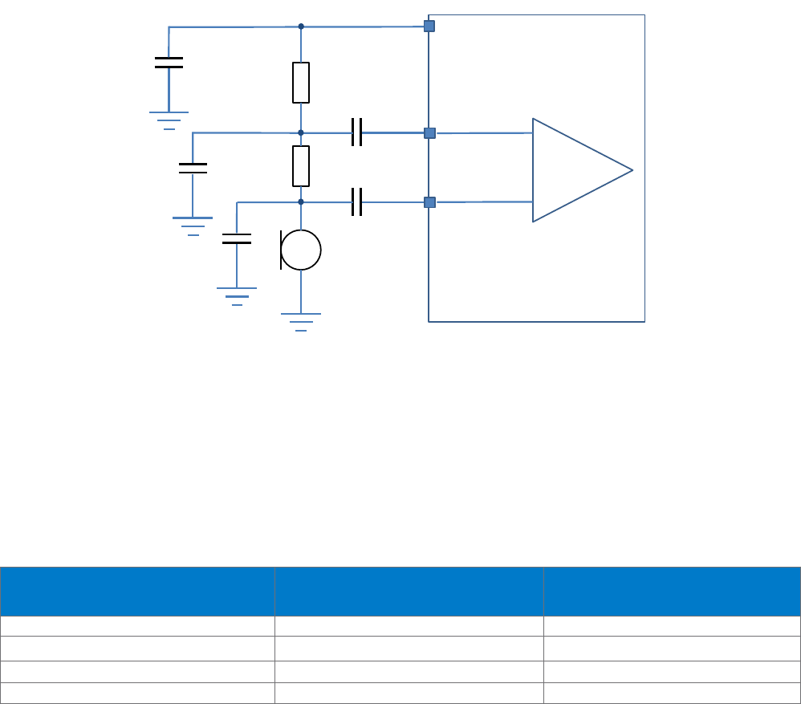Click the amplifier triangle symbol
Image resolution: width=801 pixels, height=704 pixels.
click(575, 170)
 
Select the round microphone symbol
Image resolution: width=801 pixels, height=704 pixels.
click(301, 250)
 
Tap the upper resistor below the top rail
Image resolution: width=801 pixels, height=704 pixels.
click(301, 83)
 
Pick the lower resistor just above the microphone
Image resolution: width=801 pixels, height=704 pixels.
click(301, 166)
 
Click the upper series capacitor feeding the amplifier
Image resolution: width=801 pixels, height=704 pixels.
click(357, 132)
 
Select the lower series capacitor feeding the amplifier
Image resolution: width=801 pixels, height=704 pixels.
click(357, 202)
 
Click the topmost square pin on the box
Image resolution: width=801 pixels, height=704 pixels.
click(429, 26)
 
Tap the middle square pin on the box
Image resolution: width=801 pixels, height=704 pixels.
click(429, 132)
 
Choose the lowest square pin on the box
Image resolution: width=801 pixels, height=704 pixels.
click(429, 202)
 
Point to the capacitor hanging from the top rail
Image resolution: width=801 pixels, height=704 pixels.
click(169, 63)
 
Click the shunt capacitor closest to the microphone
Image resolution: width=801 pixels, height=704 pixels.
click(236, 238)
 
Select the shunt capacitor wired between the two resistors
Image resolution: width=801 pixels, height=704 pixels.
click(193, 168)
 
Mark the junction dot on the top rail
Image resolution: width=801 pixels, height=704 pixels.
click(301, 26)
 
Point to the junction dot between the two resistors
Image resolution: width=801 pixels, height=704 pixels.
click(301, 132)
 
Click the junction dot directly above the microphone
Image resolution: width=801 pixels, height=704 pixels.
click(301, 202)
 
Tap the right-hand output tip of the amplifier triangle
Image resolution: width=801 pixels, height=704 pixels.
click(632, 170)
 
